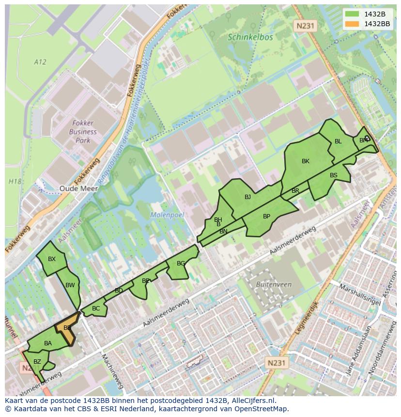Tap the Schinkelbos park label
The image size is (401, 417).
pyautogui.click(x=250, y=37)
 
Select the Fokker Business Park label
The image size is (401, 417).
pyautogui.click(x=83, y=132)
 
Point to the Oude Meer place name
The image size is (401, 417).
pyautogui.click(x=75, y=188)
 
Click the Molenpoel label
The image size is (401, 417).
pyautogui.click(x=167, y=215)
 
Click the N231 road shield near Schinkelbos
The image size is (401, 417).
pyautogui.click(x=305, y=26)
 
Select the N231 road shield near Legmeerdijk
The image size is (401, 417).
pyautogui.click(x=277, y=362)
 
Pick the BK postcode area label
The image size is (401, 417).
pyautogui.click(x=305, y=161)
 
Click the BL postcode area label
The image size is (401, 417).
pyautogui.click(x=338, y=141)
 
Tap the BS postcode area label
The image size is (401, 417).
pyautogui.click(x=334, y=175)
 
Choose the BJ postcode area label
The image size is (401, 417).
pyautogui.click(x=247, y=197)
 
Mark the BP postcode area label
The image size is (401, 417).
pyautogui.click(x=266, y=216)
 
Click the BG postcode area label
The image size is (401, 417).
pyautogui.click(x=181, y=263)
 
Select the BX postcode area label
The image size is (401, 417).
pyautogui.click(x=52, y=259)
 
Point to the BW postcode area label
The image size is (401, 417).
pyautogui.click(x=70, y=285)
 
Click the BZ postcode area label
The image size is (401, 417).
pyautogui.click(x=37, y=362)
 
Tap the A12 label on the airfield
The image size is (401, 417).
pyautogui.click(x=40, y=62)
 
